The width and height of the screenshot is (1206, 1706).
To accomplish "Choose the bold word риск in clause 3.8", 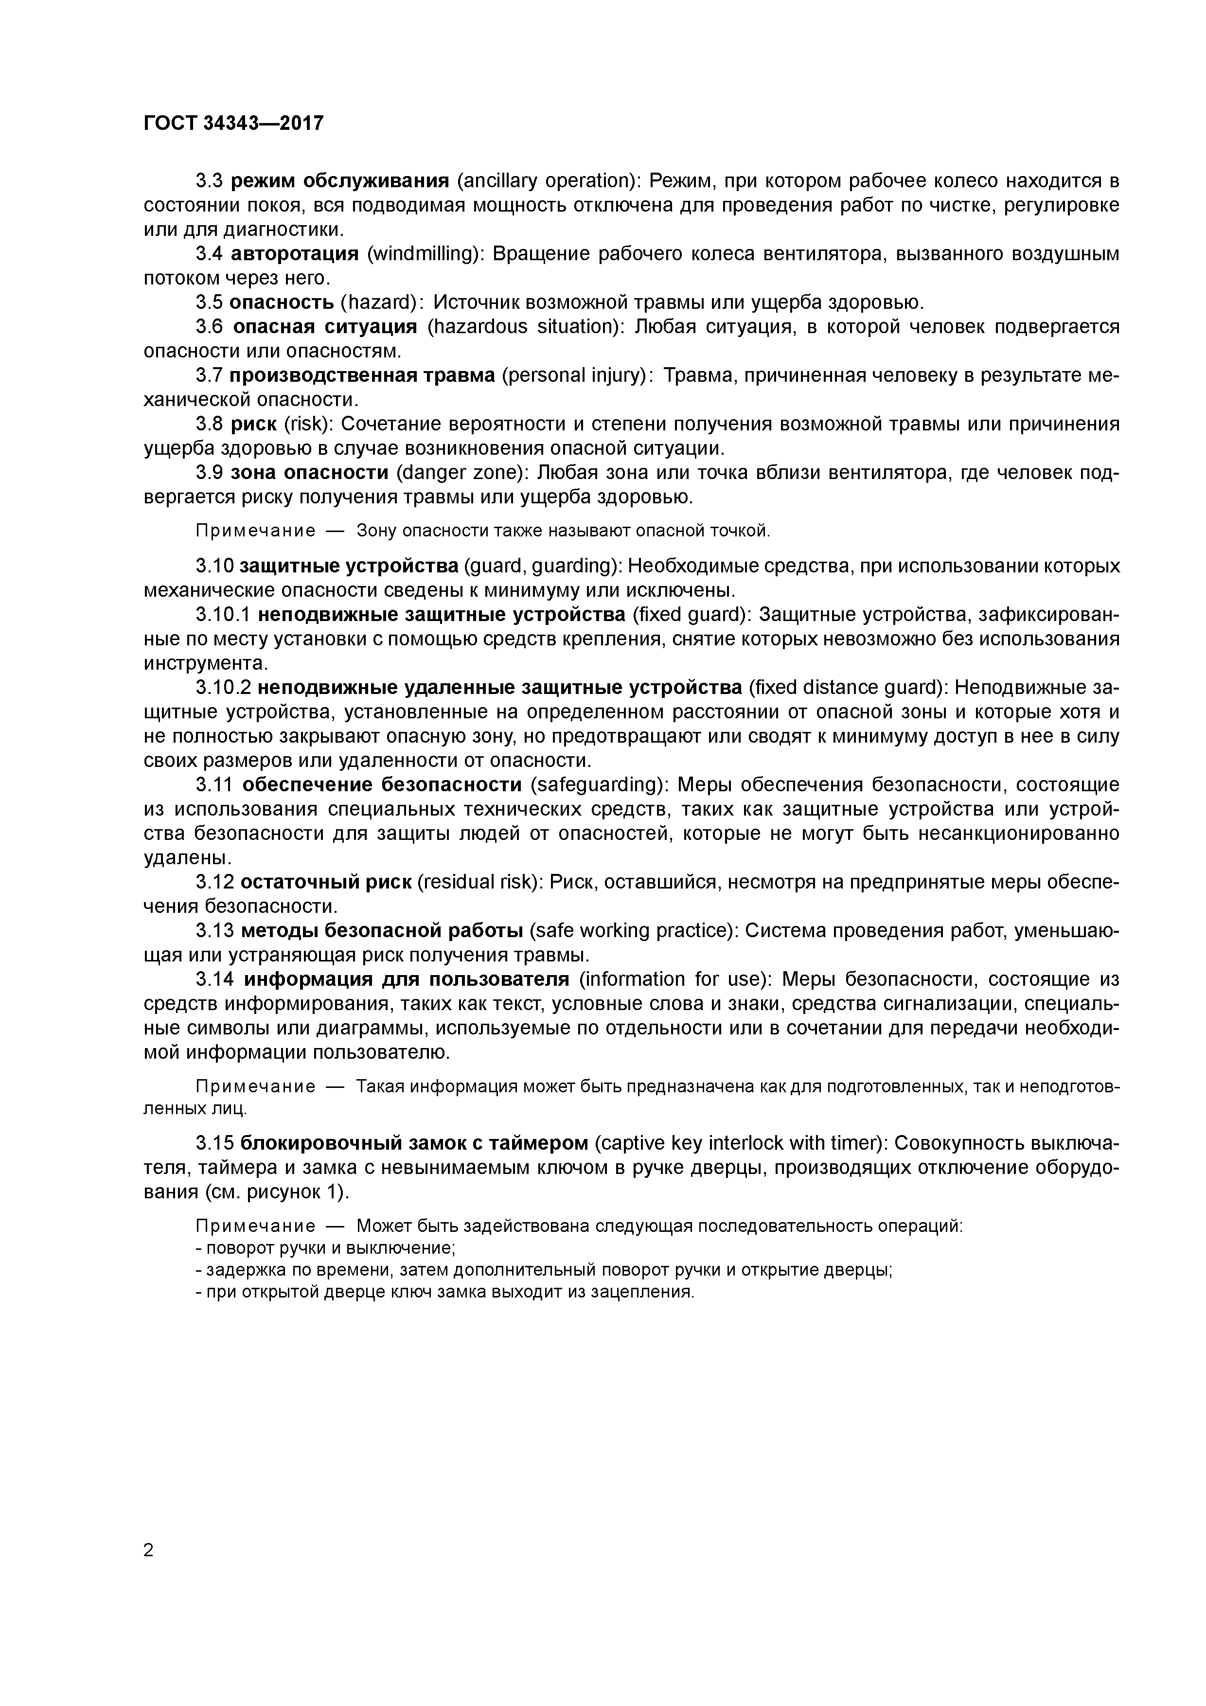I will (x=253, y=424).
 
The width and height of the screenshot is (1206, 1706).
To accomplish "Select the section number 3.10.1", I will (x=224, y=615).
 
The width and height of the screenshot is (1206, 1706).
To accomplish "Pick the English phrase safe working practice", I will (x=633, y=931).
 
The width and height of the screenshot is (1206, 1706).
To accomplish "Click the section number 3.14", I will (x=216, y=979).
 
